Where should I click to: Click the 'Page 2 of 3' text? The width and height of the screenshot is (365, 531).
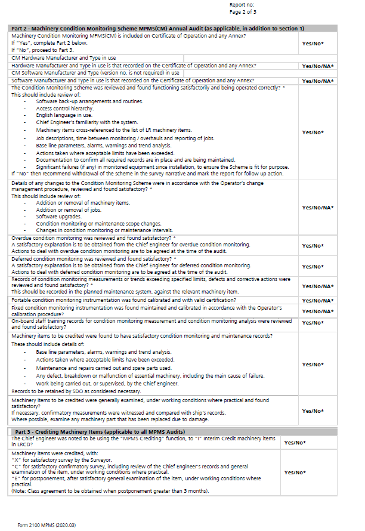pos(243,11)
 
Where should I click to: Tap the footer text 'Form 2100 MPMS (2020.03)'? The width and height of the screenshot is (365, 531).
pos(47,524)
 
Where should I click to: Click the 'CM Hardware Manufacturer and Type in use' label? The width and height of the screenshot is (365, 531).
pos(64,58)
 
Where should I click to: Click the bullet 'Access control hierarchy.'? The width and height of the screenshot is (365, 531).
pos(64,109)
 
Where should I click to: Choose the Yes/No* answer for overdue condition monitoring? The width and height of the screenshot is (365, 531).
pos(313,245)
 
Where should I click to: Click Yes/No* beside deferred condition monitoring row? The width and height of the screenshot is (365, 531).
pos(313,266)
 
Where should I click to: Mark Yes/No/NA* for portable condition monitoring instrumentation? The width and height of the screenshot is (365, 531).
pos(317,300)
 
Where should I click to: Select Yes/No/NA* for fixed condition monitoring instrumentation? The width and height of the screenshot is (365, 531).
pos(317,311)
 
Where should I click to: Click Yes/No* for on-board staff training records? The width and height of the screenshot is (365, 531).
pos(313,322)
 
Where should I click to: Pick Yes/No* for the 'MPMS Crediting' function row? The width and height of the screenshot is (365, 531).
pos(295,442)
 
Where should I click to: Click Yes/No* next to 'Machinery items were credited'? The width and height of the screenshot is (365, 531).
pos(295,472)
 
